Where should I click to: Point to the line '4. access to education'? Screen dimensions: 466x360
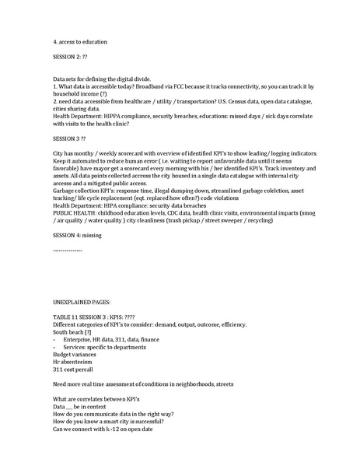[80, 40]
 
